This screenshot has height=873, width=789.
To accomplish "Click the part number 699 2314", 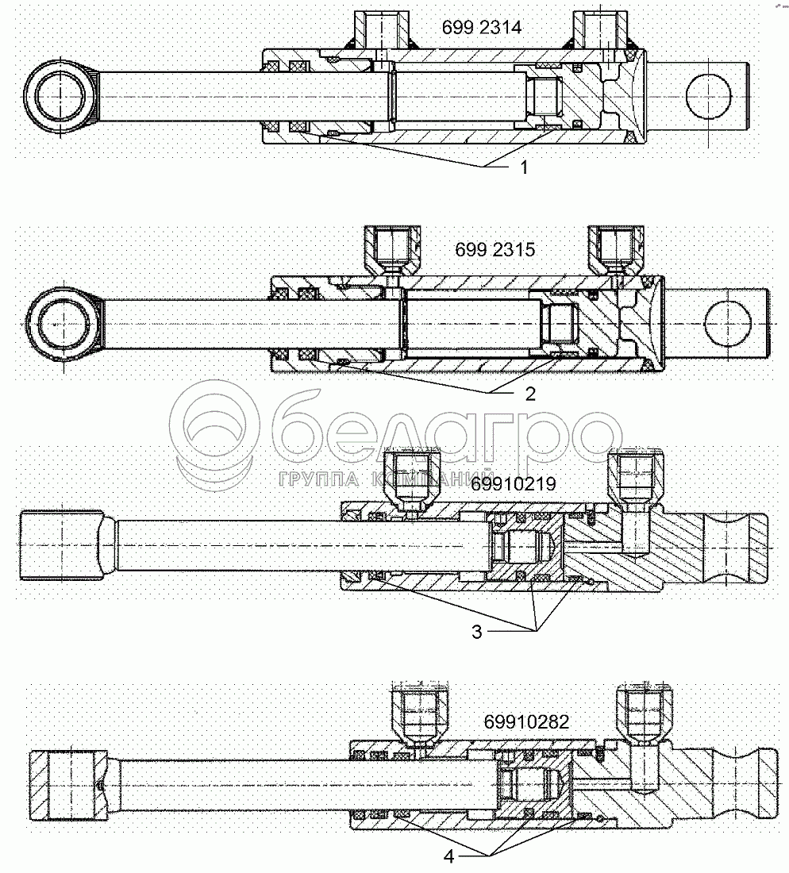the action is coord(481,28).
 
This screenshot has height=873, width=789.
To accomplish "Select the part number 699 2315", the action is coord(495,250).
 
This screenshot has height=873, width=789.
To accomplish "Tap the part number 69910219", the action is coord(514,483).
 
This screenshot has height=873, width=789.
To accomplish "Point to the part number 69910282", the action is coord(526,721).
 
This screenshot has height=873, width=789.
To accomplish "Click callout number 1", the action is coord(522,167).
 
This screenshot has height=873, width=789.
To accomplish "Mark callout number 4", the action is coord(448,857).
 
